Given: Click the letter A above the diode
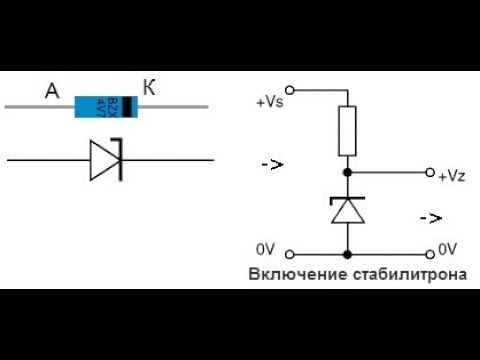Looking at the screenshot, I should [x=53, y=93].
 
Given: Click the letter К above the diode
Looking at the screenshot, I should [x=149, y=89].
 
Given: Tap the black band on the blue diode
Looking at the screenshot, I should [x=128, y=104].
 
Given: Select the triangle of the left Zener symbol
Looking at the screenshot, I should [x=103, y=159].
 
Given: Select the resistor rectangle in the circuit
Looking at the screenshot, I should [x=347, y=131].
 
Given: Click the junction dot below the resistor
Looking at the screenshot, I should [x=347, y=172].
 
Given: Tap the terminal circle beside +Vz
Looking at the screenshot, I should [x=431, y=172].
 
